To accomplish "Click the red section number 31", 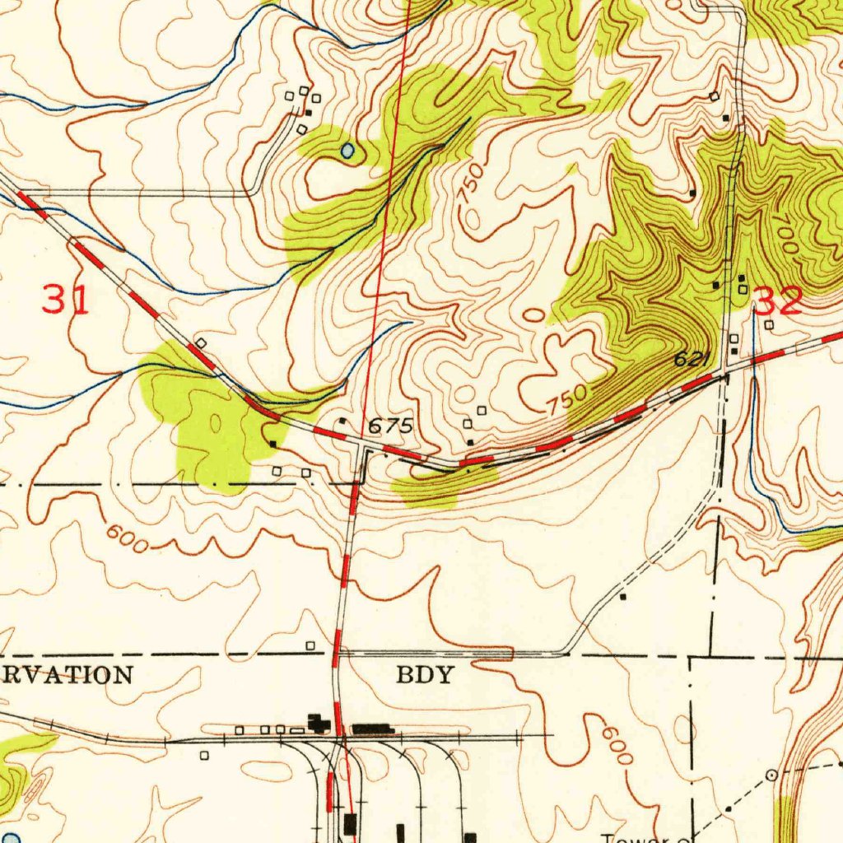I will click(x=65, y=299).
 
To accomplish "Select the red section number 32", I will click(x=778, y=302).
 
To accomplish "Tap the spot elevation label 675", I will click(x=389, y=426).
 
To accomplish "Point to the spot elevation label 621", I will click(x=692, y=359).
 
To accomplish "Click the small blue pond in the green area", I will click(x=347, y=151).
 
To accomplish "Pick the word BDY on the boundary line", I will click(x=425, y=676).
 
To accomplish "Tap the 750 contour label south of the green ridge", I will click(x=569, y=399).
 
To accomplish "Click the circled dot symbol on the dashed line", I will click(x=771, y=775).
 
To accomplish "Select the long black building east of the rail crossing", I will click(x=372, y=729).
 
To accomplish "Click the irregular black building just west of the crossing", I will click(x=318, y=724).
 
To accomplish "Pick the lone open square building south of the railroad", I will click(x=204, y=755).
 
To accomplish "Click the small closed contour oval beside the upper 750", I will click(x=473, y=219).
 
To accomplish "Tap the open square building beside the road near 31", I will click(x=201, y=342).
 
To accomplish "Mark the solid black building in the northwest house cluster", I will click(x=309, y=113).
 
